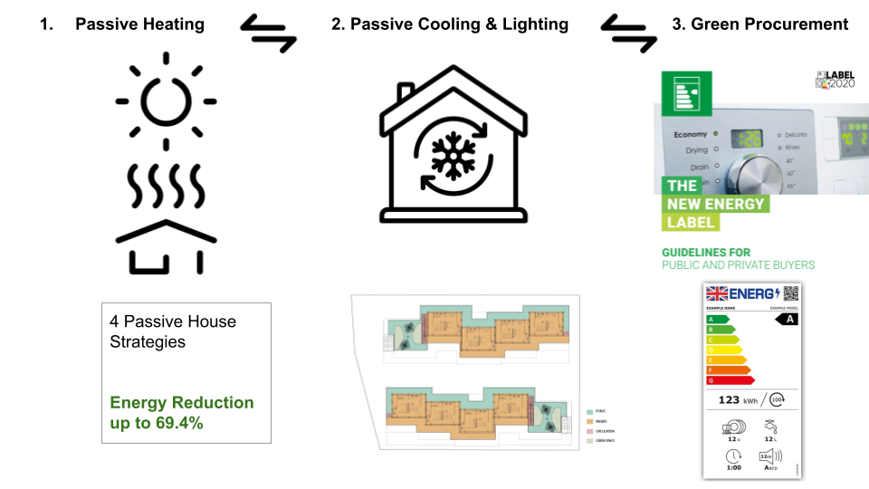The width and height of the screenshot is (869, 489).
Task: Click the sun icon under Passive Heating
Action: pos(166,101)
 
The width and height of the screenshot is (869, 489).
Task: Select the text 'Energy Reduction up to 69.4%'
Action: pos(182,412)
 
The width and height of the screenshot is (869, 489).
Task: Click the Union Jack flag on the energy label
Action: pos(718,293)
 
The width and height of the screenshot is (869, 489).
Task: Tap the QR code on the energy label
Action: pos(791,292)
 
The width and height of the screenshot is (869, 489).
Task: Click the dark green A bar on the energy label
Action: pos(718,320)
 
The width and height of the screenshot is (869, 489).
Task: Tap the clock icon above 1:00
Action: pos(733,455)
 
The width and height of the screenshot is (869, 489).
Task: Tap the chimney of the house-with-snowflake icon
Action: pos(406,92)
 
